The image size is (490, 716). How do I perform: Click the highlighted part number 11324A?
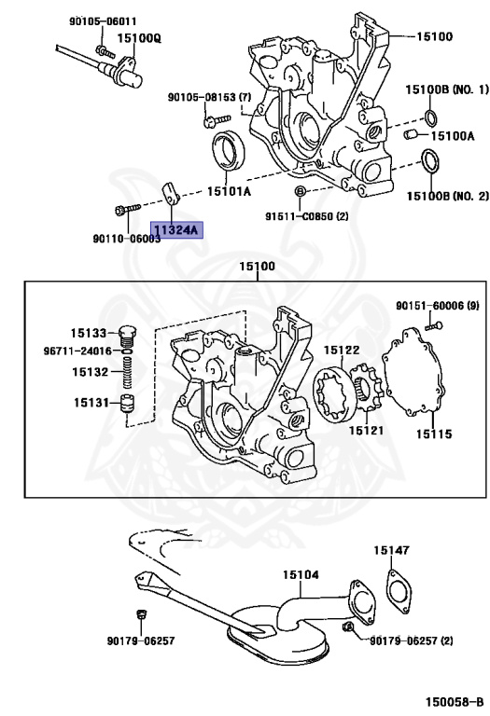pyautogui.click(x=176, y=229)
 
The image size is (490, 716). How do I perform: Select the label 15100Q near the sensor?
pyautogui.click(x=139, y=38)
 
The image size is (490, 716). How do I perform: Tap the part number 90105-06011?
pyautogui.click(x=103, y=21)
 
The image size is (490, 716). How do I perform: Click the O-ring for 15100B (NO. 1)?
pyautogui.click(x=430, y=117)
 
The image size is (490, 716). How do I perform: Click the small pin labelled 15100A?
pyautogui.click(x=410, y=134)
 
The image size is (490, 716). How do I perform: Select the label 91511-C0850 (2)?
pyautogui.click(x=307, y=216)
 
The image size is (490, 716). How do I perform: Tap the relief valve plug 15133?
pyautogui.click(x=128, y=336)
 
